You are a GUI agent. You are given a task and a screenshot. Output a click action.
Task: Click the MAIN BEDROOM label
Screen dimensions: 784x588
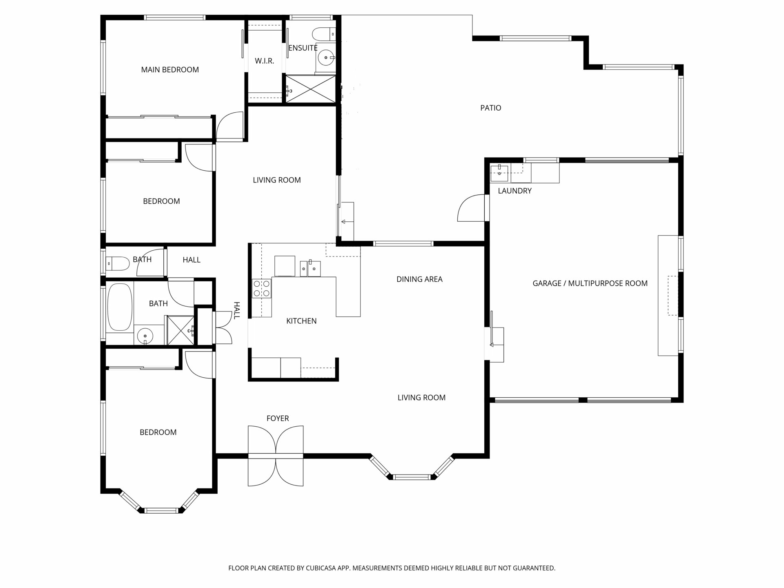[170, 70]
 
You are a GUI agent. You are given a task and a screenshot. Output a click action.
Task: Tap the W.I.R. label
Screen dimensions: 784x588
[264, 61]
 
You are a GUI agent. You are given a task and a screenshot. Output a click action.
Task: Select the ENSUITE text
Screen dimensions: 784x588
[303, 48]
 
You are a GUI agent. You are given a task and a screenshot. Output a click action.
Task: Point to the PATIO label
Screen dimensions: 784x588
[490, 108]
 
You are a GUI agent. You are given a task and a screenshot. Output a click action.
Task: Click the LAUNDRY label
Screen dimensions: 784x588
[514, 191]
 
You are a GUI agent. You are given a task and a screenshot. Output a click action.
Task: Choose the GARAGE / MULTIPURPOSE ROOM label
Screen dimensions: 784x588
[590, 283]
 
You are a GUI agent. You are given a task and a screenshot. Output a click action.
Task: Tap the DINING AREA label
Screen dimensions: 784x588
[419, 279]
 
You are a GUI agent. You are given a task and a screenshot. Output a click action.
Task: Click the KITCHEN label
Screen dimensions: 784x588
[301, 321]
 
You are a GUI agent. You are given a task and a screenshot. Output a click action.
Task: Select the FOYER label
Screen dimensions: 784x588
[278, 419]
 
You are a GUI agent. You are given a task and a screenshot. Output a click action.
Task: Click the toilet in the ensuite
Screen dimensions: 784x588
[324, 33]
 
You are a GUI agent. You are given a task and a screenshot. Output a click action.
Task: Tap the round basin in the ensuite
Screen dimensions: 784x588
[326, 58]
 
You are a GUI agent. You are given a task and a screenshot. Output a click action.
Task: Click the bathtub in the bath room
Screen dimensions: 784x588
[120, 307]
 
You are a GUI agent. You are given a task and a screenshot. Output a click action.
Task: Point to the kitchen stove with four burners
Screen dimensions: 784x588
[262, 288]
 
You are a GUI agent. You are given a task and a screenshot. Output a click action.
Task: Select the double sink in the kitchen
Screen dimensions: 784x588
[310, 268]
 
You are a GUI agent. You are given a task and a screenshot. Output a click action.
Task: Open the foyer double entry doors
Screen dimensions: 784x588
[276, 456]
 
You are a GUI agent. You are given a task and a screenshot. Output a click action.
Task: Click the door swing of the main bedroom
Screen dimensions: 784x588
[230, 127]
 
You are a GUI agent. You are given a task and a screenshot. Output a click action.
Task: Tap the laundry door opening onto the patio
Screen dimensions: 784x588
[472, 208]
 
